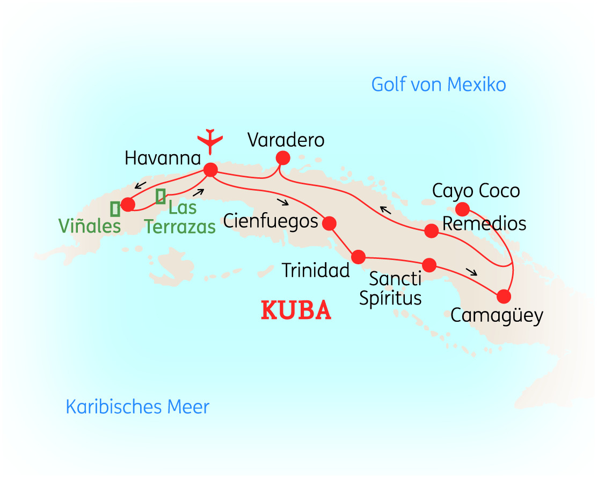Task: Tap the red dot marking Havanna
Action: click(x=210, y=170)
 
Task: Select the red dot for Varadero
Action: click(x=282, y=158)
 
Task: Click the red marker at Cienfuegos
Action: click(x=329, y=223)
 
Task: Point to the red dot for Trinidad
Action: click(x=358, y=256)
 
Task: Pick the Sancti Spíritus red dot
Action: click(x=429, y=265)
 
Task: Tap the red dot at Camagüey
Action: click(x=504, y=296)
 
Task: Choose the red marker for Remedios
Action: click(x=431, y=231)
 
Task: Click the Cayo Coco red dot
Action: click(x=462, y=209)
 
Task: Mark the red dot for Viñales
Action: click(x=128, y=204)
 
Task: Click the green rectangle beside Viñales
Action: click(x=115, y=208)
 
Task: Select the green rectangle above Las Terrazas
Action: click(x=160, y=196)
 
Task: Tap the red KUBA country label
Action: click(x=296, y=311)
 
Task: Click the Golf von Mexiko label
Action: click(x=439, y=84)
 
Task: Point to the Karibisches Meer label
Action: click(x=137, y=407)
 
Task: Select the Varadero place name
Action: click(x=286, y=140)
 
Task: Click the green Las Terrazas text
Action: click(x=180, y=217)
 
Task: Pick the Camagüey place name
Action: click(x=497, y=315)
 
